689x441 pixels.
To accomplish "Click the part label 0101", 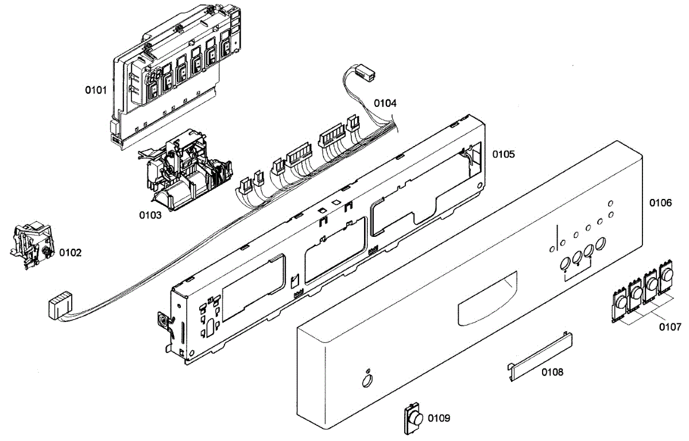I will coord(95,90).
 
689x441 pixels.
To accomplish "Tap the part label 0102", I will coord(70,252).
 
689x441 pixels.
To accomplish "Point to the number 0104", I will coord(385,103).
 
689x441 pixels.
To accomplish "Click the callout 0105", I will coord(503,155).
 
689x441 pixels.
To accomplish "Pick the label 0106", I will coord(660,203).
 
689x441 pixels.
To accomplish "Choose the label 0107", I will coord(669,328).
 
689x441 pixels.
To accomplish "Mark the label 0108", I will coord(552,372).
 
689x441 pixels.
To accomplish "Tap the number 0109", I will coord(439,418).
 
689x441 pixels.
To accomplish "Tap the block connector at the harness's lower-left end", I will coord(59,305).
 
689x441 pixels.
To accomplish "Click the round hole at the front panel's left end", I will coord(365,381).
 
